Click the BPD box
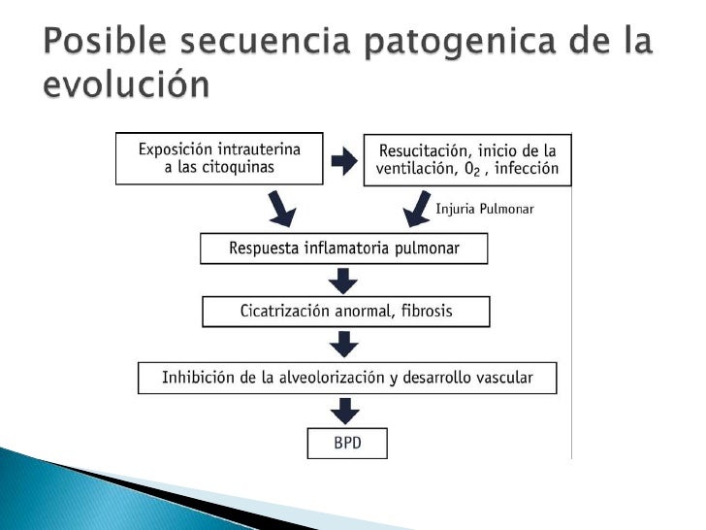[346, 443]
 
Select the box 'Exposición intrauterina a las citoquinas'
[219, 158]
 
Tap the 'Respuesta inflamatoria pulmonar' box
[343, 248]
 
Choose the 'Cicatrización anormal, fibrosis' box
[345, 312]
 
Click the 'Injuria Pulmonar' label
[485, 208]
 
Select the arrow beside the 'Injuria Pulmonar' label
[418, 207]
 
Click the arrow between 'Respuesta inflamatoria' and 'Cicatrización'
[344, 281]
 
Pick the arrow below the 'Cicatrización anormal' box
[344, 344]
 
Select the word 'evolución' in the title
[125, 85]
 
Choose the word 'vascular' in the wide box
[501, 377]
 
